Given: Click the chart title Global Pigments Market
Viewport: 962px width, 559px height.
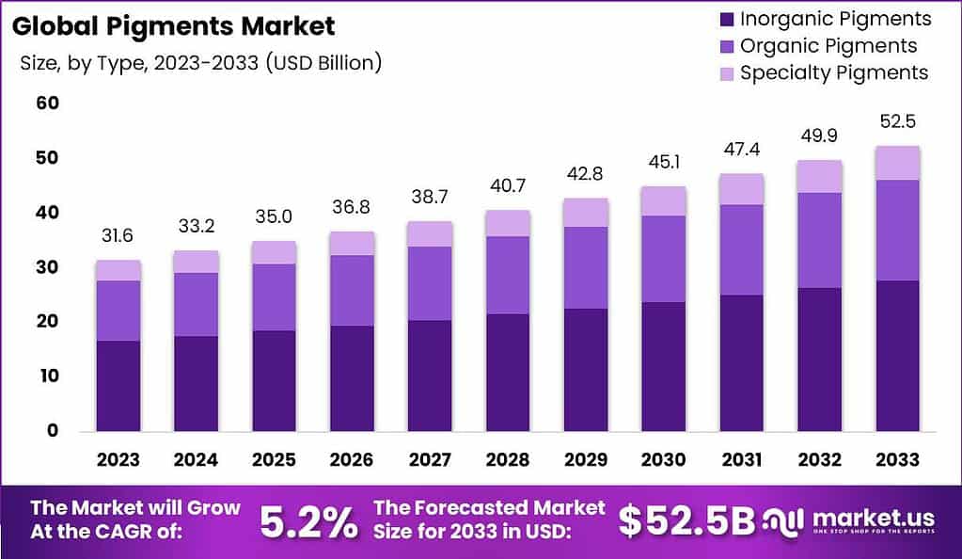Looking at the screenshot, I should click(x=173, y=25).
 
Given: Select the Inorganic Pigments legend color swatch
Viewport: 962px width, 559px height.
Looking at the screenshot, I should click(x=724, y=19).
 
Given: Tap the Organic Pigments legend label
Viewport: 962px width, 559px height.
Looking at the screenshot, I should click(x=828, y=46).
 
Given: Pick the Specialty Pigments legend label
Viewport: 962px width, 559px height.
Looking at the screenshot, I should click(x=834, y=73).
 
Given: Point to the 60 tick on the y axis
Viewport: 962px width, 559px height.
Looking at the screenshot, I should click(x=48, y=103).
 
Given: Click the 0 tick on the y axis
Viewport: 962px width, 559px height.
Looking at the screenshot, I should click(x=54, y=431).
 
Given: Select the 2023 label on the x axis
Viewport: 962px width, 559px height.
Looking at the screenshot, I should click(x=118, y=460).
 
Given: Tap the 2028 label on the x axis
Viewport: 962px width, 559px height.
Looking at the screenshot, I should click(x=507, y=460).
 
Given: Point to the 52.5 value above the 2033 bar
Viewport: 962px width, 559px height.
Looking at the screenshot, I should click(x=896, y=122).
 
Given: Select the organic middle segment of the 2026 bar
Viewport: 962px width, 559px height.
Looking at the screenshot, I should click(x=351, y=291).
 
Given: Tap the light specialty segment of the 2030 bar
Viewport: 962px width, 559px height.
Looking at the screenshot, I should click(x=663, y=200).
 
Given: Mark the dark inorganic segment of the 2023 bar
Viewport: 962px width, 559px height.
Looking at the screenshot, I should click(x=118, y=386).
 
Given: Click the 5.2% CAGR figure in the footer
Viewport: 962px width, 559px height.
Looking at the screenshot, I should click(x=307, y=521).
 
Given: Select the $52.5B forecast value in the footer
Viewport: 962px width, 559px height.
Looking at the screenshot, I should click(x=686, y=521).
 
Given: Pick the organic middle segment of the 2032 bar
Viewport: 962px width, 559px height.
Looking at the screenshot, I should click(x=818, y=240).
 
